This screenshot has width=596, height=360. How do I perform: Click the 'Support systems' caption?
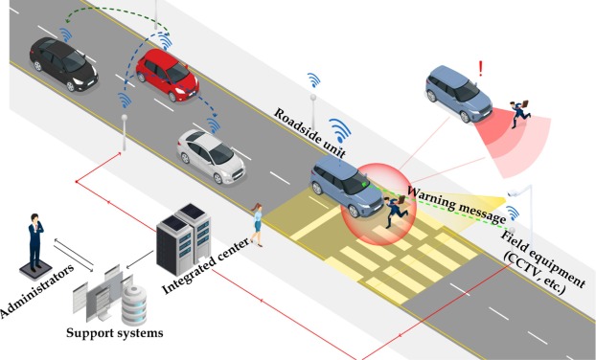click(115, 333)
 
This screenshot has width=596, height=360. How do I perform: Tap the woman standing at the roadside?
click(256, 224)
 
